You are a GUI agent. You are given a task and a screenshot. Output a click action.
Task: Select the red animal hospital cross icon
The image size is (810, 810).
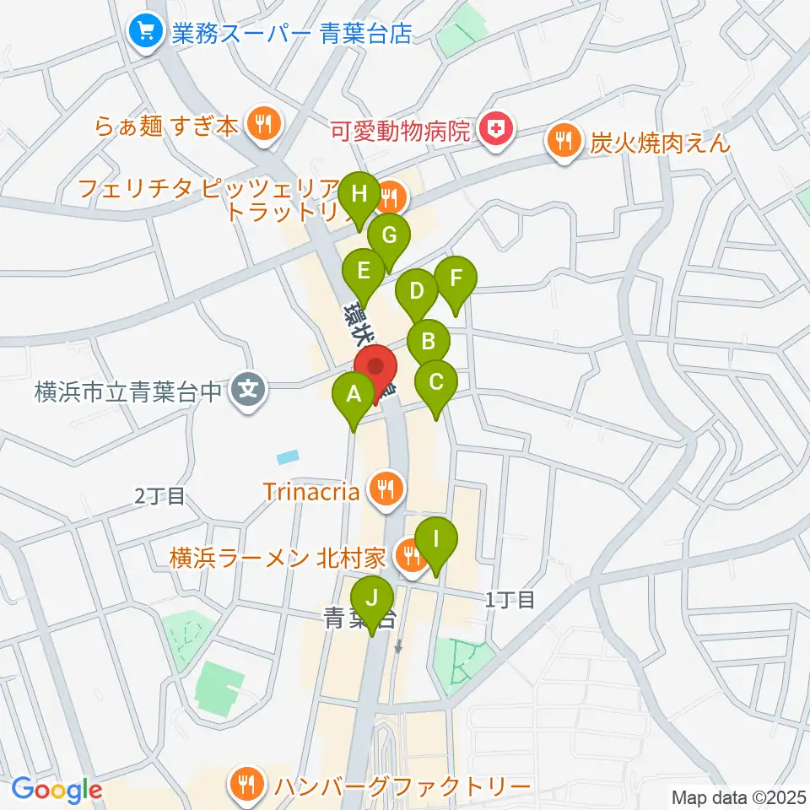491,130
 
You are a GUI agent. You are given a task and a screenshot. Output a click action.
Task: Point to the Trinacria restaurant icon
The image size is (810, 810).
387,489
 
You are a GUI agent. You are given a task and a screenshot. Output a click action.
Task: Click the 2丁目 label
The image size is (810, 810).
159,496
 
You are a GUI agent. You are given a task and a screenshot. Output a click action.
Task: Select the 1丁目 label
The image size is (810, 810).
510,600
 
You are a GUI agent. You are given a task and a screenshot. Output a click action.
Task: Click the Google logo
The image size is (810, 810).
57,790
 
